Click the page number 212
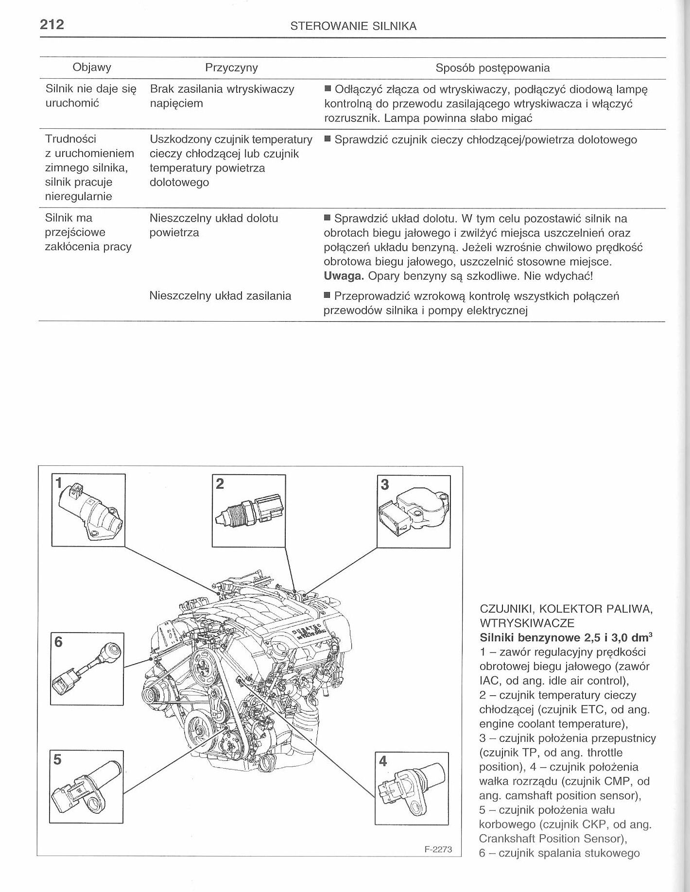pos(52,24)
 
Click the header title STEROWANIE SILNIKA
pos(353,27)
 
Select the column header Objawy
pos(92,68)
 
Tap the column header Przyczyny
pos(231,68)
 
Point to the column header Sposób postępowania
pos(493,68)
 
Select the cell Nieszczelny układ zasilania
pos(221,296)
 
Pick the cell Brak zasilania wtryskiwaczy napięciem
pos(222,96)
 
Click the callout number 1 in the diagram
pos(59,482)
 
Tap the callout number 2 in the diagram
pos(220,483)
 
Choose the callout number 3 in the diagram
pos(384,484)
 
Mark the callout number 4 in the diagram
pos(383,761)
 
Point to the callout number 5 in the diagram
pos(57,759)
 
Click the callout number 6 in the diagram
pos(58,642)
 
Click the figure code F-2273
pos(438,850)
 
